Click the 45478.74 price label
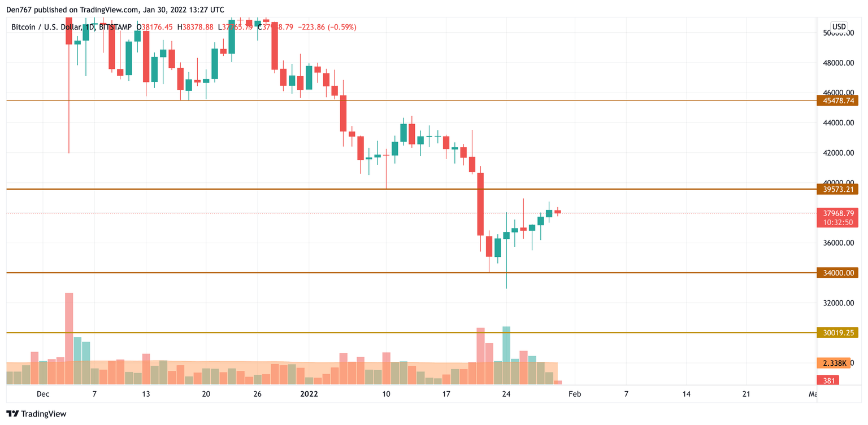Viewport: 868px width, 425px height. click(x=837, y=101)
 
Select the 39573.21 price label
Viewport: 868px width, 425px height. click(x=837, y=189)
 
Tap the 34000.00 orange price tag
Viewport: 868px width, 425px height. click(x=837, y=273)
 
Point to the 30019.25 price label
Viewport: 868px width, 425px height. click(x=837, y=333)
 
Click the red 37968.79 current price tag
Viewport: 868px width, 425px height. click(x=837, y=213)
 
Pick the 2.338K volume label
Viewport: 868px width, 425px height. click(x=834, y=363)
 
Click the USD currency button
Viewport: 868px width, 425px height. click(x=839, y=27)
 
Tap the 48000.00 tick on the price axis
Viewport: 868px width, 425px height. click(x=837, y=63)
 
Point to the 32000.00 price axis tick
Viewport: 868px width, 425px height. click(x=837, y=303)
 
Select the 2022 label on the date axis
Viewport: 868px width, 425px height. click(x=309, y=394)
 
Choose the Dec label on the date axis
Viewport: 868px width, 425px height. click(x=43, y=394)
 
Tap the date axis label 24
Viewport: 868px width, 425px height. click(x=506, y=394)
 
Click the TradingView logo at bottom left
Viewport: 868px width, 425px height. click(x=36, y=414)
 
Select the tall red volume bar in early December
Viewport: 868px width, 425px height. click(x=69, y=338)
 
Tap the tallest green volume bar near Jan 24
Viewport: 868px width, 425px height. click(x=506, y=355)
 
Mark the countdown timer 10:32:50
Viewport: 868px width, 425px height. click(x=837, y=222)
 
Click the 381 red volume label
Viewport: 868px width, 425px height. click(x=829, y=381)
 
